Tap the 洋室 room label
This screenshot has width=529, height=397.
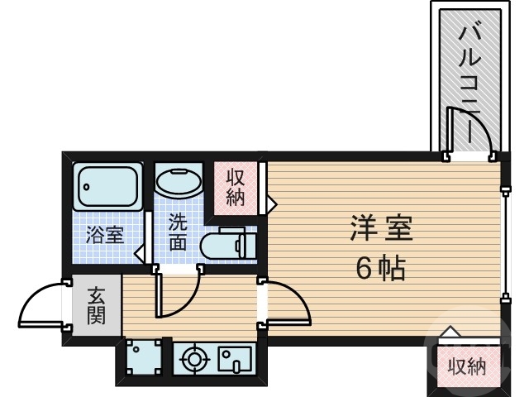pyautogui.click(x=381, y=227)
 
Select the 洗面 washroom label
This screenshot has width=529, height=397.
pyautogui.click(x=178, y=232)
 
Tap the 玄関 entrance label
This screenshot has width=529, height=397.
pyautogui.click(x=97, y=305)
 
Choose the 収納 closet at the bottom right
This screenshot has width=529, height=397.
pyautogui.click(x=466, y=366)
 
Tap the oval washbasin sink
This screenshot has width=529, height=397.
pyautogui.click(x=179, y=181)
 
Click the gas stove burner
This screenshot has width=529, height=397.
pyautogui.click(x=195, y=360)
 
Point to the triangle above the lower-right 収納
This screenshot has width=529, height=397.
pyautogui.click(x=450, y=332)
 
